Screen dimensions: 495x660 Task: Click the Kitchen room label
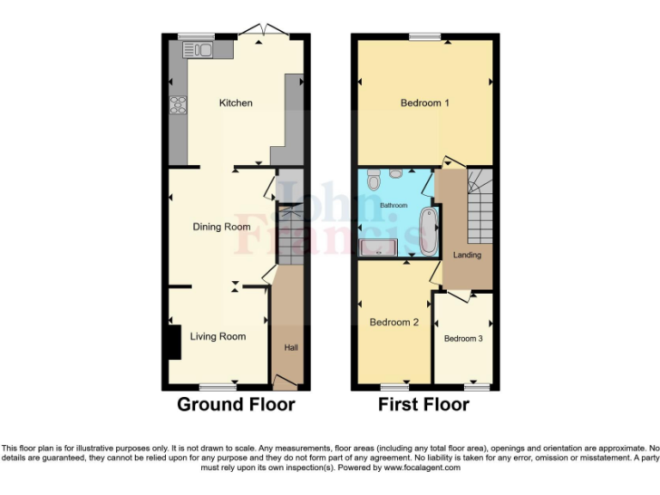pos(235,103)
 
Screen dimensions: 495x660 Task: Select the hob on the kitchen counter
pos(178,106)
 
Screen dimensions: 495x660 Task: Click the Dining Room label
pos(222,227)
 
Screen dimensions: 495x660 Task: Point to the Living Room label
pos(217,337)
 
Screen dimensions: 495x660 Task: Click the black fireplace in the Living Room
pos(171,341)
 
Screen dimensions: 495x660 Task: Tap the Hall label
pos(291,347)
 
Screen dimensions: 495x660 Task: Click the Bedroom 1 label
pos(425,103)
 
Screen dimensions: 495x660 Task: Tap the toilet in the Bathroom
pos(373,181)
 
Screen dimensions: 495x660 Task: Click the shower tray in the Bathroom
pos(379,247)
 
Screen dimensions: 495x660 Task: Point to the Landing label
pos(467,255)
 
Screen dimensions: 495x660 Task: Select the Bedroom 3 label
pos(463,339)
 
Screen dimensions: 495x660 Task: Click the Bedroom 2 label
pos(394,323)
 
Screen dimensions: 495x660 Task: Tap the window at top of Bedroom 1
pos(425,36)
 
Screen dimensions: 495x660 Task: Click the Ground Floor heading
pos(235,405)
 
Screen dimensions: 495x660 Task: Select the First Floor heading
pos(424,405)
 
